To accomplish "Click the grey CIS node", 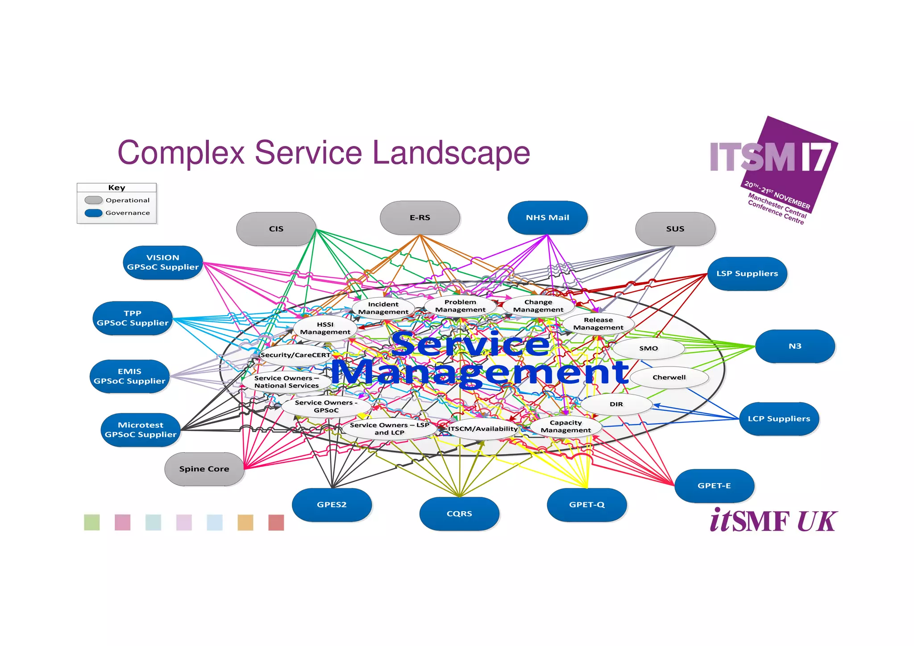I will (x=276, y=229).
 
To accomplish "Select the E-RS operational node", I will (x=420, y=218).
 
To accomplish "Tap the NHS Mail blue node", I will (x=547, y=218).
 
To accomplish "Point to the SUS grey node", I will (x=675, y=229).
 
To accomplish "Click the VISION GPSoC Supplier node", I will (x=163, y=263).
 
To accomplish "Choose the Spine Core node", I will (x=204, y=469).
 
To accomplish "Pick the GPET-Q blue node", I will (x=586, y=504).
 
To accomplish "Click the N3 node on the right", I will (x=795, y=346).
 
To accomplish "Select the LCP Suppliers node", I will (x=779, y=419).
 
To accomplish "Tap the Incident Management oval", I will (x=383, y=308).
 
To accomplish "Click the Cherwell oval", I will (x=669, y=377).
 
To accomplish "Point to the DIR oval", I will (x=616, y=404).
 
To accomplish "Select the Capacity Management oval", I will (x=565, y=426).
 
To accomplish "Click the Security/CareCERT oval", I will (x=295, y=355).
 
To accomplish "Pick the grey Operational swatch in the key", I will (x=94, y=200).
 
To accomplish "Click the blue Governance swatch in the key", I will (x=94, y=213).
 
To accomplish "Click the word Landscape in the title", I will (x=451, y=153).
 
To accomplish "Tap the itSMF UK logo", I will (x=773, y=521).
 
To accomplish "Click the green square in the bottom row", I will (x=92, y=522).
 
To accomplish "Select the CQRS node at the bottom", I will (x=459, y=514).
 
